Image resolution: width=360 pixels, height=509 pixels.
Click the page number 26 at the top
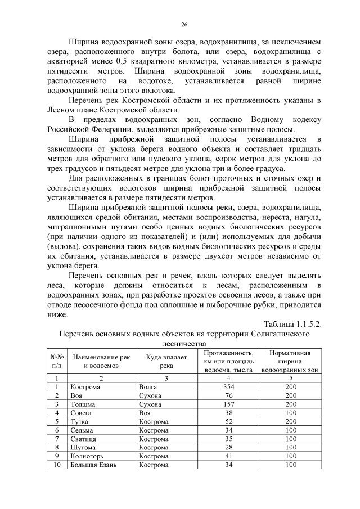(x=184, y=24)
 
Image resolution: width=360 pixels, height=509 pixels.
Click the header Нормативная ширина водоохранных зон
(x=290, y=362)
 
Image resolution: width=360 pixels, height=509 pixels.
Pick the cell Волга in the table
(x=148, y=387)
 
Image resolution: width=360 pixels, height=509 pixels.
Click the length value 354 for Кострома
(x=228, y=387)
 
